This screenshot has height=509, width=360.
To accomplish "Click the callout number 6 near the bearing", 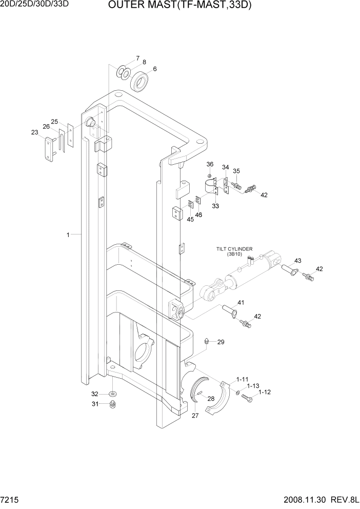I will pos(155,69).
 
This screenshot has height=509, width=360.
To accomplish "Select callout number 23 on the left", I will pos(35,132).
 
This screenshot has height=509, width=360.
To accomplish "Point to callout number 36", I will pos(210,164).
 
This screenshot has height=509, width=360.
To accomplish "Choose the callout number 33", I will pos(215,206).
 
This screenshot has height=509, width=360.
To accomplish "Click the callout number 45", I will pos(190,220).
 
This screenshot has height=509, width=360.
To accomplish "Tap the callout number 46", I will pos(198,214).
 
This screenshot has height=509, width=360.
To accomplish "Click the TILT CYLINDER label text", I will pos(234,250).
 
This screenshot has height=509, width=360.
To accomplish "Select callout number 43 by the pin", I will pos(297,260).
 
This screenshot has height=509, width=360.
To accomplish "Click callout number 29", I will pos(221,342).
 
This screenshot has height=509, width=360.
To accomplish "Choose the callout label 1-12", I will pos(265,393).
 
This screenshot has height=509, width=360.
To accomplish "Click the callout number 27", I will pos(195,416).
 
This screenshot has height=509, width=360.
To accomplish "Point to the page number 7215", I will pos(11,499).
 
